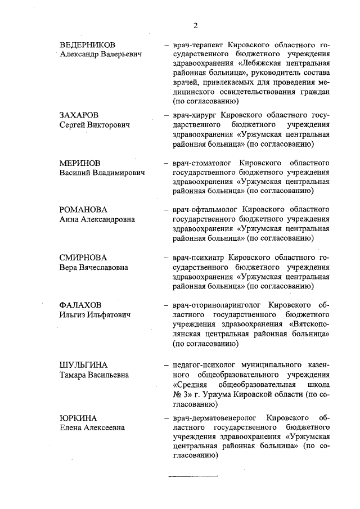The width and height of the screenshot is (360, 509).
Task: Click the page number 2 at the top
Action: click(195, 25)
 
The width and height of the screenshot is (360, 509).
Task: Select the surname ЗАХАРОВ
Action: click(79, 115)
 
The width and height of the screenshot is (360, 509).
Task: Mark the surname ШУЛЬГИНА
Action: click(83, 364)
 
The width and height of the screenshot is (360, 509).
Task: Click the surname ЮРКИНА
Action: click(78, 418)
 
